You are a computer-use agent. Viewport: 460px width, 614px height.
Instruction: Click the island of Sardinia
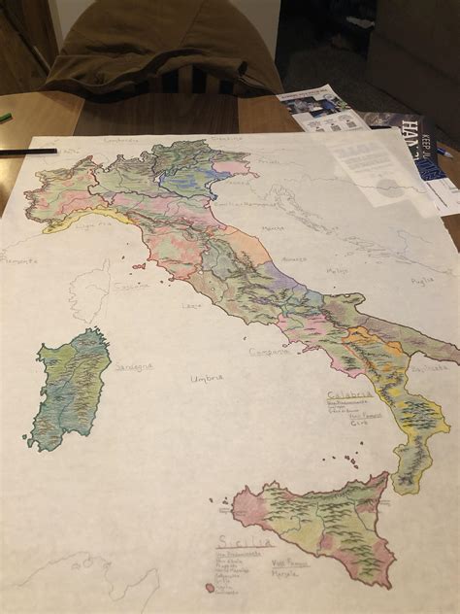point(70,389)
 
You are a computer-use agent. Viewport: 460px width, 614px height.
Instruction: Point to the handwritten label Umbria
point(206,377)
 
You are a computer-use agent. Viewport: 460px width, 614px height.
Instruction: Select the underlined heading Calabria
point(349,395)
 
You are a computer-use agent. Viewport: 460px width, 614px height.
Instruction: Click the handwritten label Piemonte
point(17,260)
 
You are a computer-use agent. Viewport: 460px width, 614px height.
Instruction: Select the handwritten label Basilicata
point(428,368)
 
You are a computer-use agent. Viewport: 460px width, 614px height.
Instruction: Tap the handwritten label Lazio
point(191,305)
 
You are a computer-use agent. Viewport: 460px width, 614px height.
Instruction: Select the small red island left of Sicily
point(210,587)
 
